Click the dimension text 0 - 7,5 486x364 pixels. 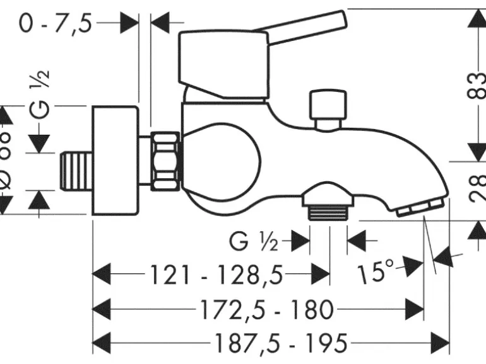click(x=56, y=24)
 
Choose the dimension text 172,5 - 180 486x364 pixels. click(x=266, y=309)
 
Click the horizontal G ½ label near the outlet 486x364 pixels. click(x=252, y=240)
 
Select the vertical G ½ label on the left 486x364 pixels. click(x=40, y=93)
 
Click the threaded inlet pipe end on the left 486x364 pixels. click(x=75, y=170)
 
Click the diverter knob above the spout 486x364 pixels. click(x=328, y=108)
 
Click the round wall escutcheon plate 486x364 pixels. click(x=116, y=161)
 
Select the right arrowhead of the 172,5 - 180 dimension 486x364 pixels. click(x=414, y=309)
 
